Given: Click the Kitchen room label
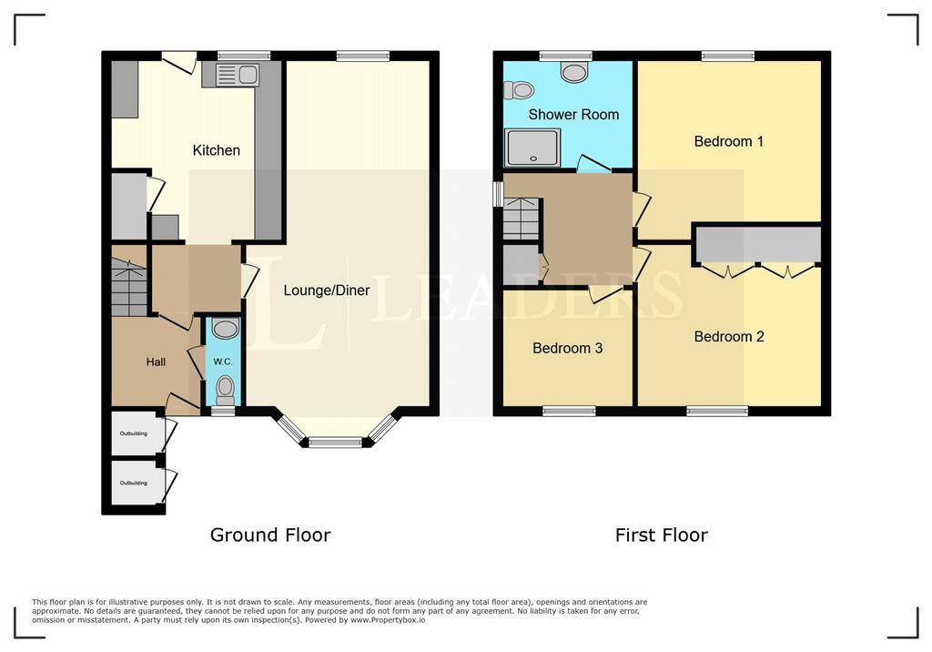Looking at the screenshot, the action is click(217, 150).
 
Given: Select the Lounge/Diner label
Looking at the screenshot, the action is click(327, 290).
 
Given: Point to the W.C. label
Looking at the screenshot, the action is click(223, 362).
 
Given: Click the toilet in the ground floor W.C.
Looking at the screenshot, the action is click(226, 391).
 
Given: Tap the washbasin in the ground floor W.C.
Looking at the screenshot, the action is click(226, 329).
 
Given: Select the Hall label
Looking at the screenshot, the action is click(156, 362).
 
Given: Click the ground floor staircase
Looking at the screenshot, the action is click(129, 280).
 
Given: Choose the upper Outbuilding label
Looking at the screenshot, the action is click(134, 433).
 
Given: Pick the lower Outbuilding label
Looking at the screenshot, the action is click(134, 483).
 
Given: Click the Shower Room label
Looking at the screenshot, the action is click(573, 114).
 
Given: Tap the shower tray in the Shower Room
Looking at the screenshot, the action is click(532, 148).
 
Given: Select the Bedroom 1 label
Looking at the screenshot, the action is click(729, 141).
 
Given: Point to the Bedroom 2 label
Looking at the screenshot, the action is click(729, 337).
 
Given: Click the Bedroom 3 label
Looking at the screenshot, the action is click(568, 348).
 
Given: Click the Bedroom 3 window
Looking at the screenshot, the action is click(570, 411).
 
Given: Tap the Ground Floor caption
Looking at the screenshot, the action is click(270, 535).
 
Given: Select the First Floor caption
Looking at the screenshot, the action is click(662, 535).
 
